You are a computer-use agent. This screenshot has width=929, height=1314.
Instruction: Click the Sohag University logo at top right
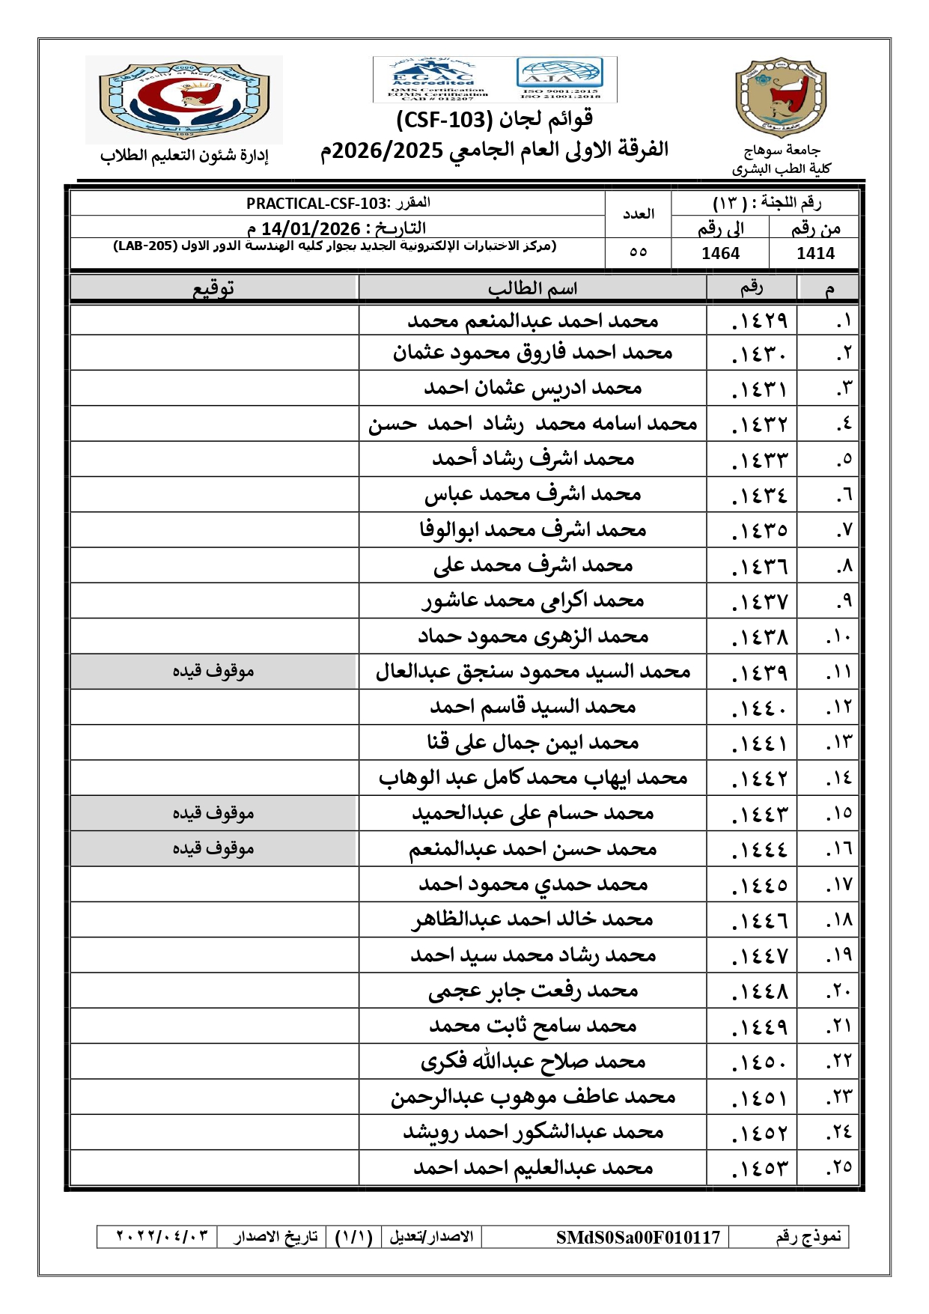coord(781,97)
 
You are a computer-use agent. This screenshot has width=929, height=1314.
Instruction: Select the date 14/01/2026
coord(311,228)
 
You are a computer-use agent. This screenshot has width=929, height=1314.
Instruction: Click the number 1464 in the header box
coord(720,254)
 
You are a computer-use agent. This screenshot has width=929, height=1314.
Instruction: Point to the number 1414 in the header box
coord(815,254)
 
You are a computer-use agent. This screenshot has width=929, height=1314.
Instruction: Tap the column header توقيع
coord(214,288)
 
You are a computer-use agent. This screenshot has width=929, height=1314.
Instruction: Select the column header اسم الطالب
coord(532,288)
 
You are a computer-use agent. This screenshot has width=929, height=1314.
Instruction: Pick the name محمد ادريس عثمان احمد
coord(532,388)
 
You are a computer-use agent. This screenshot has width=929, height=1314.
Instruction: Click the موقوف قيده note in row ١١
coord(213,671)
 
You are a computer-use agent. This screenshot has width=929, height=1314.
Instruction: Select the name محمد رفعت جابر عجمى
coord(532,991)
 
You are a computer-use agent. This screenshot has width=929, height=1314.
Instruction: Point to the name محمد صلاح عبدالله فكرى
coord(532,1061)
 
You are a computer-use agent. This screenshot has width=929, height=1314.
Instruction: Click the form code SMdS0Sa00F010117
coord(638,1238)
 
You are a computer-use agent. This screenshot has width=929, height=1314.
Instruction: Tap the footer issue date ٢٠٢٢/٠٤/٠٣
coord(162,1236)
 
